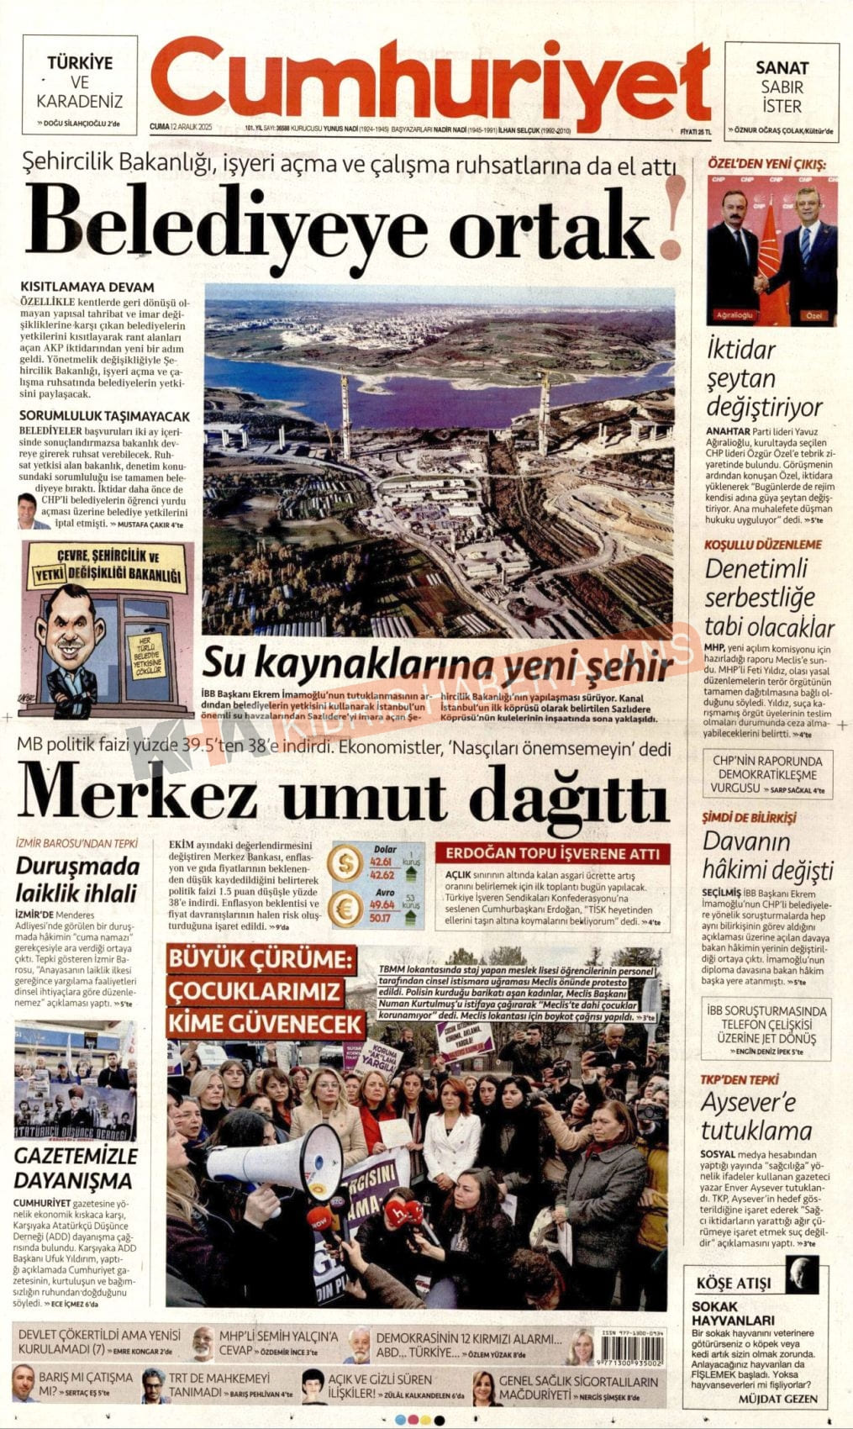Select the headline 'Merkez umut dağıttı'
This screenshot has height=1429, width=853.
(x=343, y=794)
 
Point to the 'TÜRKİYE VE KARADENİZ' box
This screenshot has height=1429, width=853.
(x=80, y=85)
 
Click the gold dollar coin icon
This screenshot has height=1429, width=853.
(x=345, y=864)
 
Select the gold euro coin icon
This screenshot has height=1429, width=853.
(x=345, y=909)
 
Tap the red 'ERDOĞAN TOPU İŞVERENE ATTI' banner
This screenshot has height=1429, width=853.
(x=553, y=853)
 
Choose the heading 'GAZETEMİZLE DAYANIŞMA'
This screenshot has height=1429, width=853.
(x=74, y=1168)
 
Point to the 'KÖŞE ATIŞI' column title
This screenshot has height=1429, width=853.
(x=733, y=1284)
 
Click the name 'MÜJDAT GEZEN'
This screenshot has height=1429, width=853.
(x=777, y=1400)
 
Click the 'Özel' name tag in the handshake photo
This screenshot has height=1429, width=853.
(x=813, y=315)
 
